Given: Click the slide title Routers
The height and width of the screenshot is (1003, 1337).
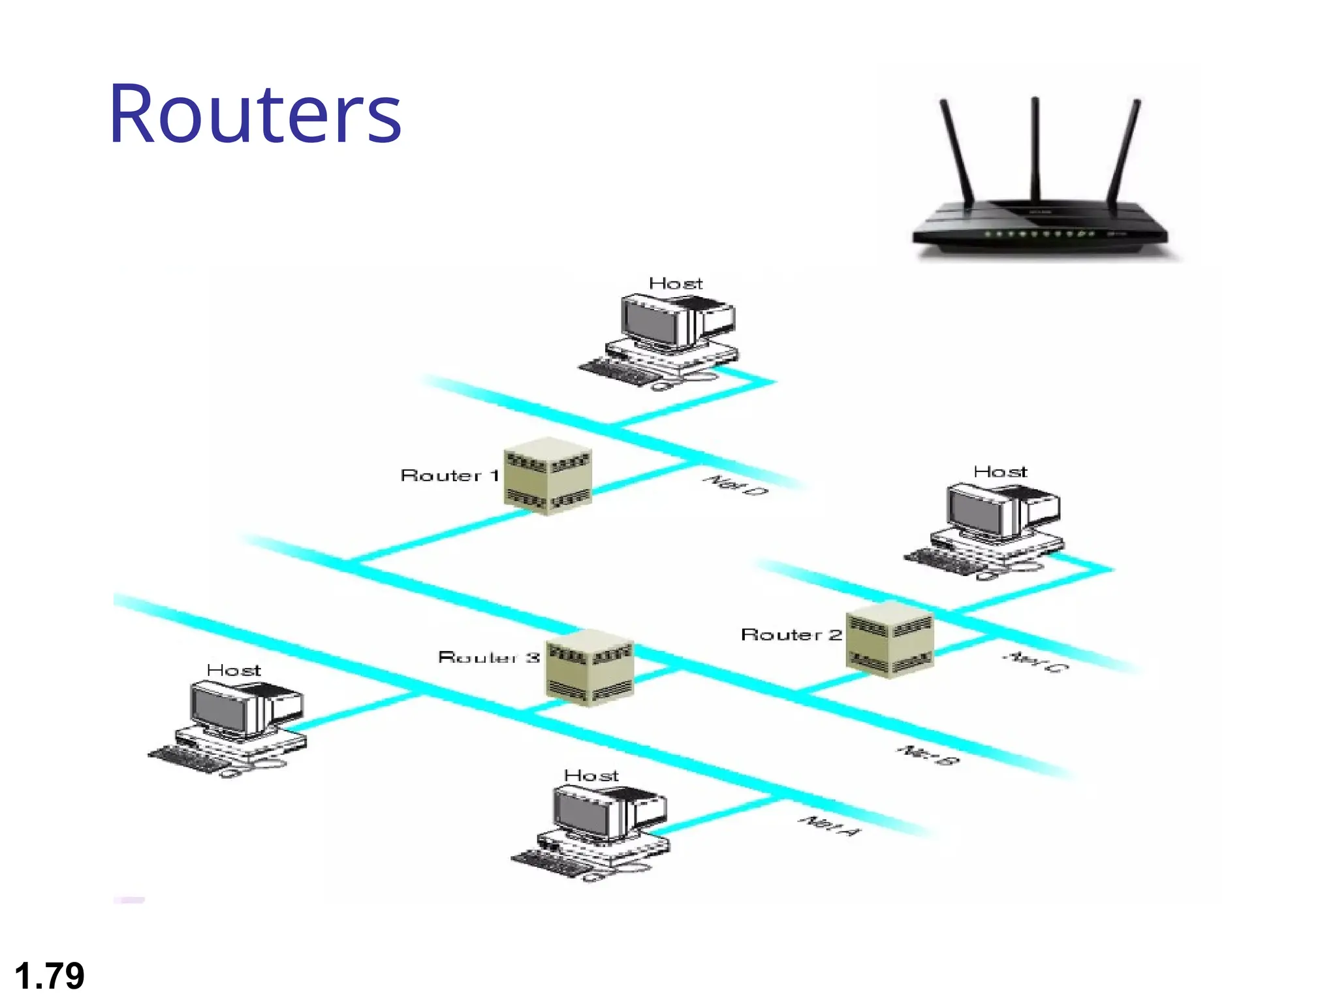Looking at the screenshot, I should [255, 114].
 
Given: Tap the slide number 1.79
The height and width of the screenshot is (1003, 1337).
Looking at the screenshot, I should [50, 976].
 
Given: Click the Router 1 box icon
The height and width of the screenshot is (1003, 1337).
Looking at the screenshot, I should [548, 476].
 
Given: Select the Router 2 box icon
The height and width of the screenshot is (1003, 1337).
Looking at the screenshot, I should [889, 639].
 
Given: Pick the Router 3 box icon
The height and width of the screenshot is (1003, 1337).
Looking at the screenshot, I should [589, 667].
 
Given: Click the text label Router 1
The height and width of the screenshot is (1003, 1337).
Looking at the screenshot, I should [449, 475].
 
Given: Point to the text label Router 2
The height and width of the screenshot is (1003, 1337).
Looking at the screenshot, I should [791, 635].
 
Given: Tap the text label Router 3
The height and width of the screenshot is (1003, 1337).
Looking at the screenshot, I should [488, 657].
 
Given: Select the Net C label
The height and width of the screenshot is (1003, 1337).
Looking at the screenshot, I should [1035, 661].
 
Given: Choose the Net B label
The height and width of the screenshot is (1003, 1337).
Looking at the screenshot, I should [927, 755].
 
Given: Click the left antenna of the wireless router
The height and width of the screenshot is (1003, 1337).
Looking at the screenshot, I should [956, 150].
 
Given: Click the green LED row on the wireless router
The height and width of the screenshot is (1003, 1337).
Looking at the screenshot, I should [1038, 233].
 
